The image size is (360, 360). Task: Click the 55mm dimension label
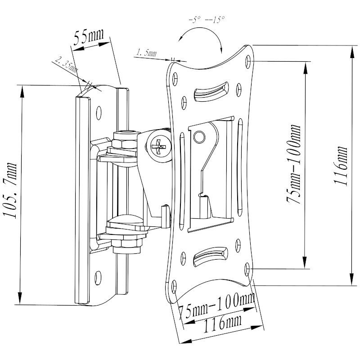point(88,37)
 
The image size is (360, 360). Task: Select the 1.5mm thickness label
point(146,53)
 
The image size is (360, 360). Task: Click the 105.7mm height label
point(10,191)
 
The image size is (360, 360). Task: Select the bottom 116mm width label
point(220,323)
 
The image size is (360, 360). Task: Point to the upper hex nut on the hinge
point(124,143)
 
